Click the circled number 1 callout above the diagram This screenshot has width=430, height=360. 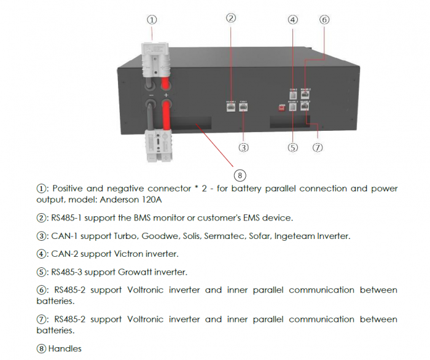coord(152,19)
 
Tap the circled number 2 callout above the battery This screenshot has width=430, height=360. coord(231,18)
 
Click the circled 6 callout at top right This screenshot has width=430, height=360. coord(324,19)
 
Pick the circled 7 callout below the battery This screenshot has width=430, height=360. coord(318,147)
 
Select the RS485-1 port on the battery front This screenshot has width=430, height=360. coord(231,106)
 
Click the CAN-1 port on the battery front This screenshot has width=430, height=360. coord(243,106)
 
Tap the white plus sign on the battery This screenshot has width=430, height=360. coord(166,96)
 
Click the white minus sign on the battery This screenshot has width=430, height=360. coord(150,96)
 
